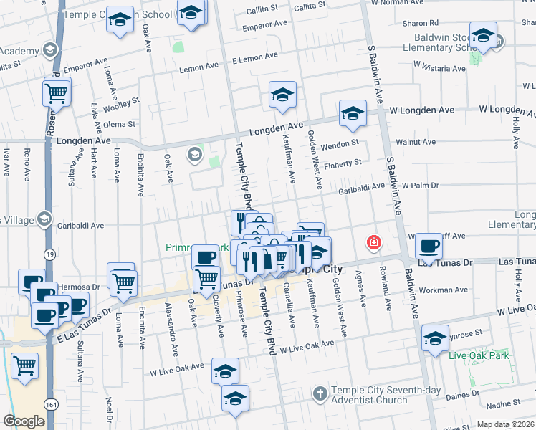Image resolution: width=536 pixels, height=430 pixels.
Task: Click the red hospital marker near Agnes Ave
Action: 373,244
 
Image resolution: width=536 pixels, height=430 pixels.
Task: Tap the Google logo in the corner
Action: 24,421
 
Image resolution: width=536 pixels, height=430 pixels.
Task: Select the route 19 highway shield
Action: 48,254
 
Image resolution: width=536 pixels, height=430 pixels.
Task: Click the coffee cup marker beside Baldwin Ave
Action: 429,246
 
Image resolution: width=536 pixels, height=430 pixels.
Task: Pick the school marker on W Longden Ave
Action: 353,113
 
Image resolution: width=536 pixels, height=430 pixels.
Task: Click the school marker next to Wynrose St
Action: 435,339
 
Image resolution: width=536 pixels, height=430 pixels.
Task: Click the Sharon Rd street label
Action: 420,23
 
